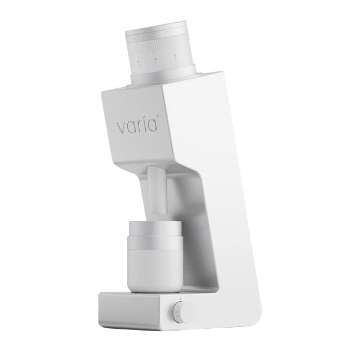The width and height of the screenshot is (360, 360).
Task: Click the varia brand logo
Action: (x=137, y=127)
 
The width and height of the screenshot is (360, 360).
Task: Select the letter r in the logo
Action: (x=139, y=128)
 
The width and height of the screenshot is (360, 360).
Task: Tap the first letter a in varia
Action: (x=130, y=128)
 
